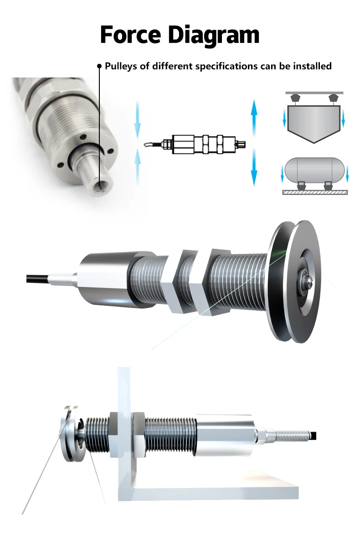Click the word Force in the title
[130, 35]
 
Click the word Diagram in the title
[214, 36]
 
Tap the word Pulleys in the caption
[121, 66]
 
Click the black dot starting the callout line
[99, 66]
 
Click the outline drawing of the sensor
[195, 144]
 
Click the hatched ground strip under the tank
[315, 192]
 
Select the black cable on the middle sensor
[38, 278]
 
